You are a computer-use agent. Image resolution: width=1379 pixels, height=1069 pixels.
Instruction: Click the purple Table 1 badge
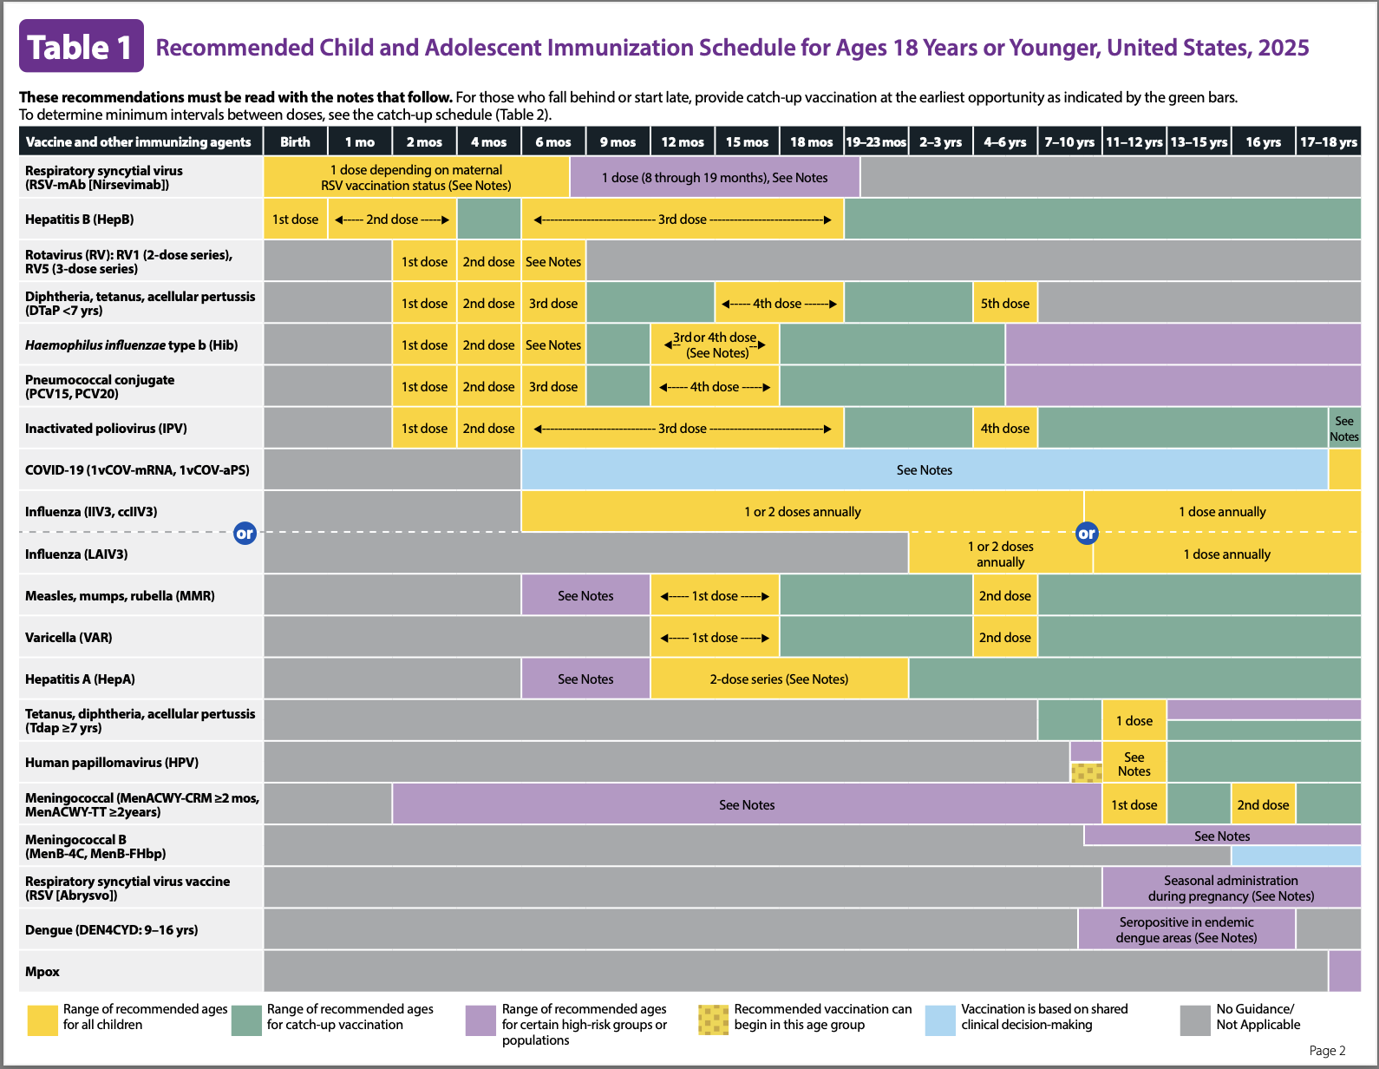[x=82, y=46]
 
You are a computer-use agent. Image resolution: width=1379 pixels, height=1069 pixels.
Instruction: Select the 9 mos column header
[x=618, y=141]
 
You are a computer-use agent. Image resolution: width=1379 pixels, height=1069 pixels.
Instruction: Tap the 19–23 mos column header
[x=876, y=141]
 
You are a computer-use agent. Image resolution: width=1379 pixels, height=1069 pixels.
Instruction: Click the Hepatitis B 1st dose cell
[x=295, y=219]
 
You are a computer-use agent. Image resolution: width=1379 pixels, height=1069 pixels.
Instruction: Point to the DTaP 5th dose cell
[x=1004, y=304]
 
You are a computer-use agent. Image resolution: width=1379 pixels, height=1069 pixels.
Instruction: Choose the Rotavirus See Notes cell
[x=552, y=261]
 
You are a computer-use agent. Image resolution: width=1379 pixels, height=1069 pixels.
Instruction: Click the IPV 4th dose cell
[x=1004, y=429]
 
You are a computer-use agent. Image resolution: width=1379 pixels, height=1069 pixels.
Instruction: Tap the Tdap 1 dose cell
[x=1134, y=720]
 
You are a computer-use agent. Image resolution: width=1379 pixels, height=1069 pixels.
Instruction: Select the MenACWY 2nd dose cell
[x=1263, y=804]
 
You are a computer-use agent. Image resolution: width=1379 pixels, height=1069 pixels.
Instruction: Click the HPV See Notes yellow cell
[x=1134, y=763]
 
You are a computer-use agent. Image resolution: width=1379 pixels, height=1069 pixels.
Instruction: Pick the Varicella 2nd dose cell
[x=1004, y=638]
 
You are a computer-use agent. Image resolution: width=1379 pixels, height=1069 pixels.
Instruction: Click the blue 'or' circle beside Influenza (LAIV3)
[x=245, y=534]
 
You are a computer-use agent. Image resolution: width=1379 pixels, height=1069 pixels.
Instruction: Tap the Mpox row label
[x=42, y=971]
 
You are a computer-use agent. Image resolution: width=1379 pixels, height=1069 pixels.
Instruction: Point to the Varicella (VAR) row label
[x=69, y=638]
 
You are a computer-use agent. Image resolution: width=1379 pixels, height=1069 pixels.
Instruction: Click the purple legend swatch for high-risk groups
[x=480, y=1020]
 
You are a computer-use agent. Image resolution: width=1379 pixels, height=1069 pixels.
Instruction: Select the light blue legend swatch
[x=940, y=1020]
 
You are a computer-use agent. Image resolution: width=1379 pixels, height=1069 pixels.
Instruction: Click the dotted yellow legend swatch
[x=713, y=1020]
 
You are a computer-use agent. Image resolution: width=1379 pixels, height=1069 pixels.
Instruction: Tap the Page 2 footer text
[x=1327, y=1051]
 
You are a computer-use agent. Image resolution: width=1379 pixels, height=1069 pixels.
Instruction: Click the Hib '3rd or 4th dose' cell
[x=715, y=344]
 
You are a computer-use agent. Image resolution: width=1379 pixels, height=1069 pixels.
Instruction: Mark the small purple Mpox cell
[x=1344, y=971]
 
